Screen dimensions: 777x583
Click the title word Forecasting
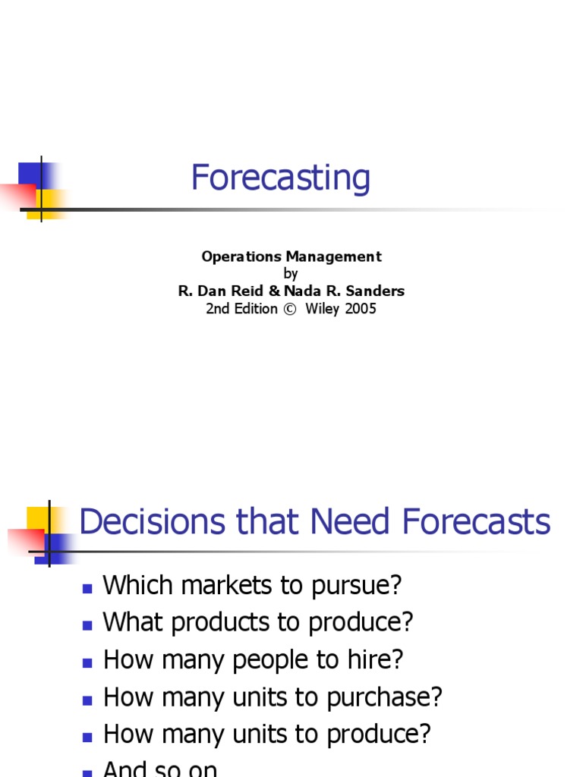(x=280, y=179)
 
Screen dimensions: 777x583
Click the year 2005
(x=360, y=309)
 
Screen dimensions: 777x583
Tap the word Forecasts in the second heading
(x=477, y=523)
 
